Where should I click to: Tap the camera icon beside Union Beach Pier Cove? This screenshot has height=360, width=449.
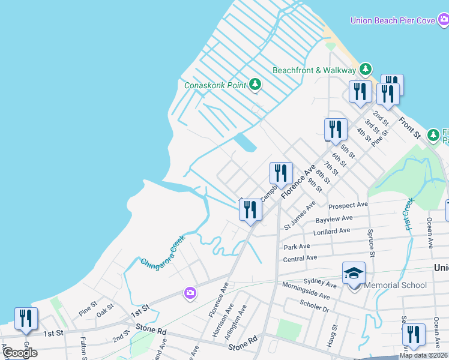[x=443, y=20]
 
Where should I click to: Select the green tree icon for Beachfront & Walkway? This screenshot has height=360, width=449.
[x=365, y=70]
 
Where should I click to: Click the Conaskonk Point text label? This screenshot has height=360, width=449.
[x=215, y=85]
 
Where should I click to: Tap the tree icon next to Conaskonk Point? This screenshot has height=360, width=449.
[x=255, y=85]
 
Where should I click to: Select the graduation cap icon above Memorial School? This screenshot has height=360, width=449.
[x=354, y=272]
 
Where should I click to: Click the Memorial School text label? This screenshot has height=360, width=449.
[x=395, y=286]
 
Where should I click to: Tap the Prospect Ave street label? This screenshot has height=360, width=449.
[x=348, y=205]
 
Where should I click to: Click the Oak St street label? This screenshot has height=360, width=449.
[x=105, y=310]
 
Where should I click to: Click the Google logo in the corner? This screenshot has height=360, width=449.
[x=19, y=353]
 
